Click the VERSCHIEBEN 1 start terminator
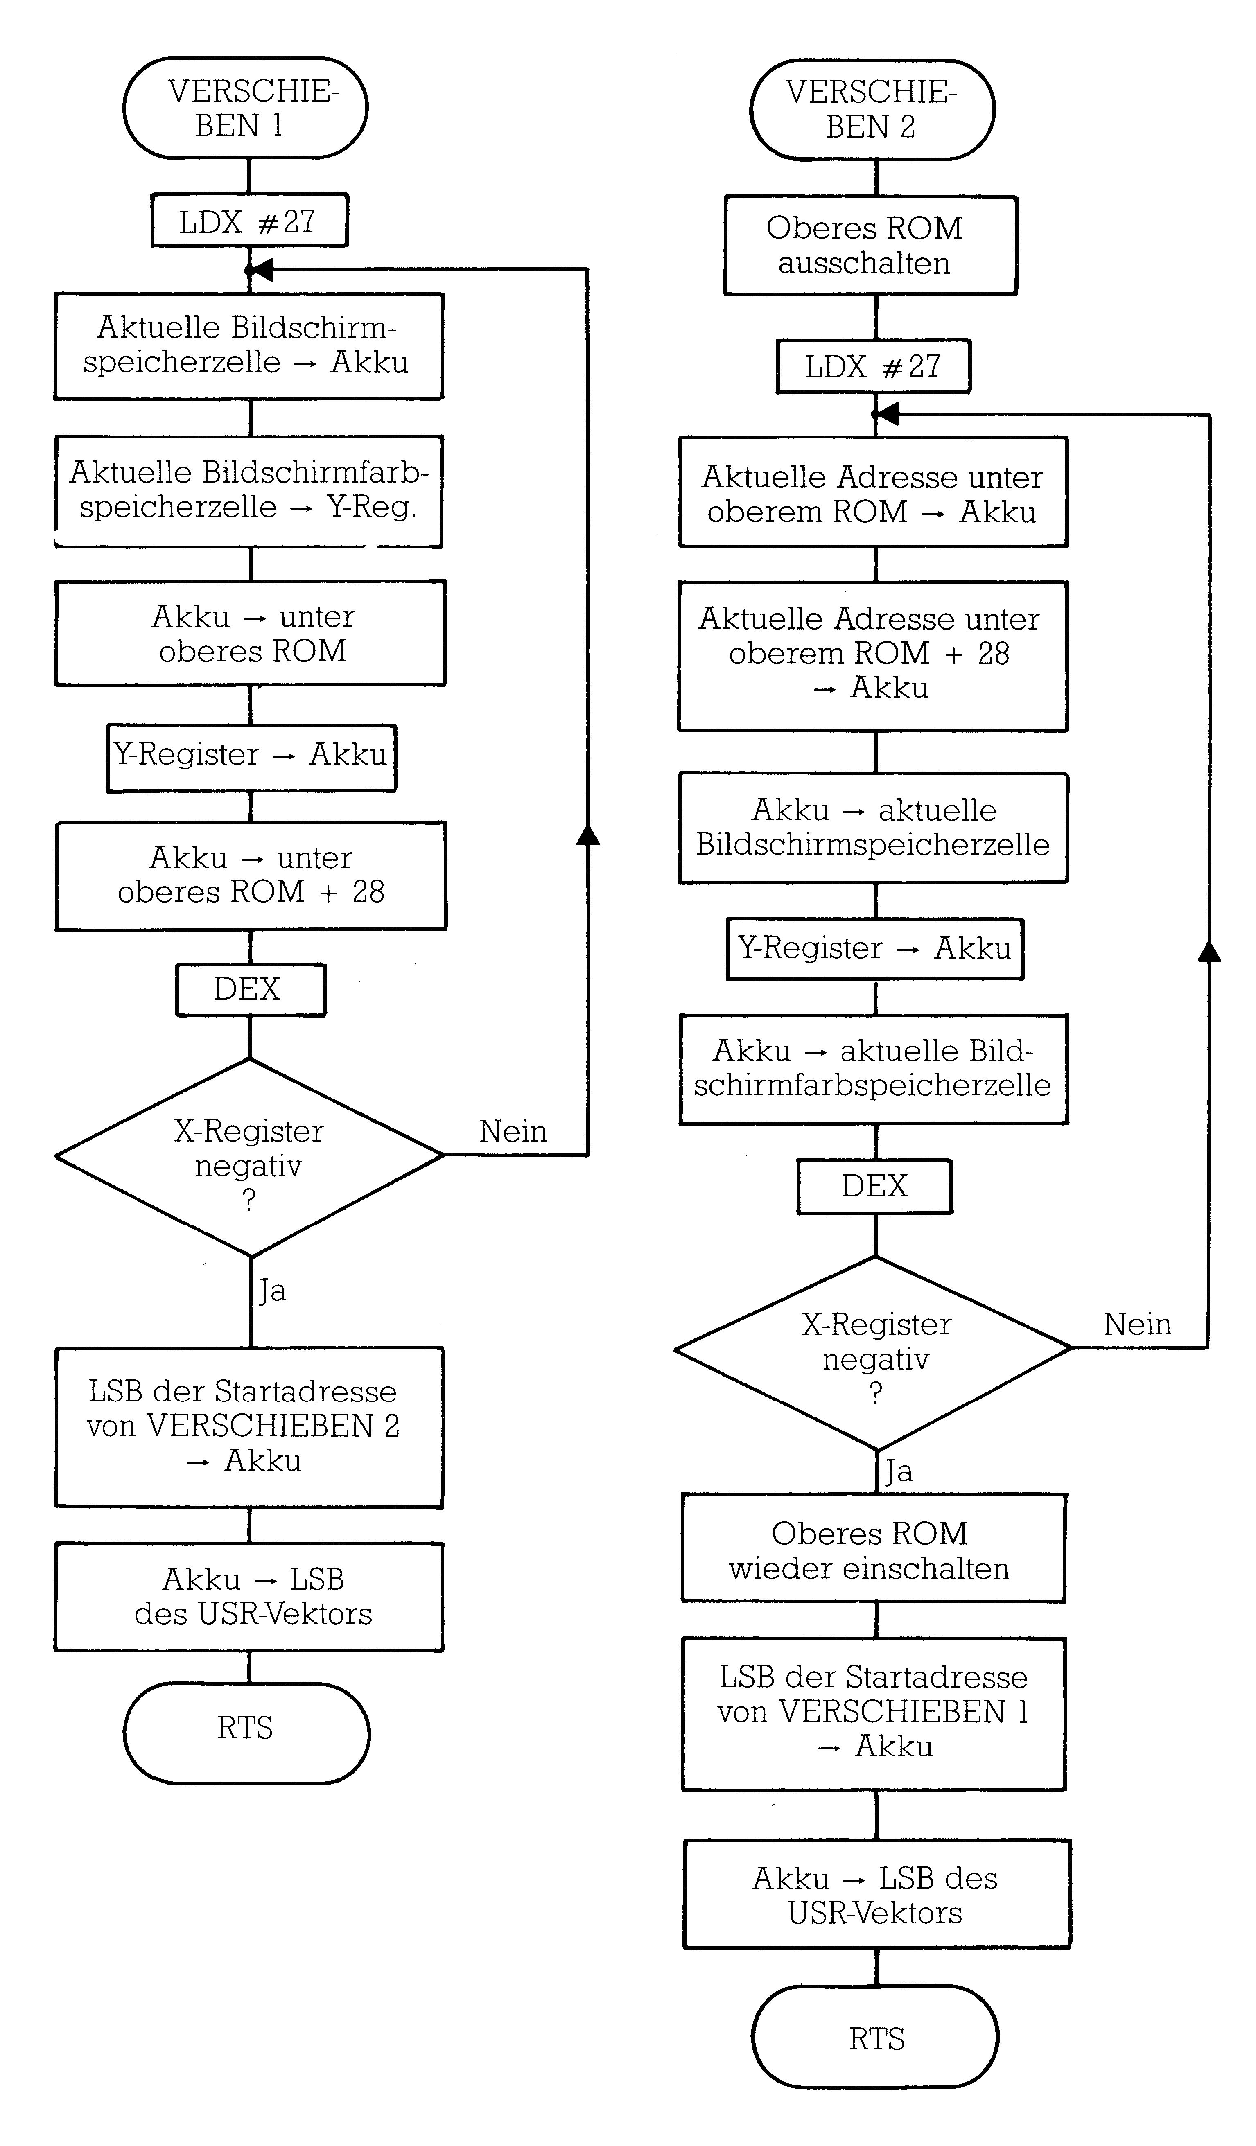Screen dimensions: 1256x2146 click(x=245, y=108)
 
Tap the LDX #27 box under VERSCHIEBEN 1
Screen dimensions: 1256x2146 click(x=249, y=221)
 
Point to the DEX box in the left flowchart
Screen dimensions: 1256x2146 click(x=251, y=990)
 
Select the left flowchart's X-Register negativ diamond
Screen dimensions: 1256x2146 click(x=249, y=1157)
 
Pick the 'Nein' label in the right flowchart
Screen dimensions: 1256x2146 click(x=1137, y=1324)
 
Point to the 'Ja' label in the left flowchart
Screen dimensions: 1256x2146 click(x=273, y=1291)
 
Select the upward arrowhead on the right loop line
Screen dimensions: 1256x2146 click(x=1209, y=951)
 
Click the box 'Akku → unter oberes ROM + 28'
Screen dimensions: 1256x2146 click(x=251, y=876)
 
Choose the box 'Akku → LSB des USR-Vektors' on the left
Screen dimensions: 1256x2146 click(x=249, y=1597)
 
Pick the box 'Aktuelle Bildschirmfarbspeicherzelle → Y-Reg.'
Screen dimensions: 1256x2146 click(x=248, y=491)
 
